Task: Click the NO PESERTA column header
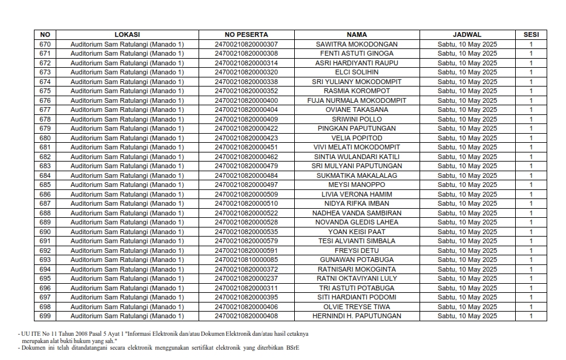pos(246,34)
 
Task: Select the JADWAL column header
pos(467,34)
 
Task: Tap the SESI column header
pos(531,34)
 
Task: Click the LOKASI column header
pos(127,34)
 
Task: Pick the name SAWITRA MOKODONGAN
pos(357,44)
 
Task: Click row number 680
pos(45,138)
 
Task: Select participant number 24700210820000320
pos(246,72)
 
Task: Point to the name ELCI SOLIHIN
pos(357,72)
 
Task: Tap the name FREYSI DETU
pos(357,250)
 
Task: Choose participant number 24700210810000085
pos(246,260)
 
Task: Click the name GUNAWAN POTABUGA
pos(357,260)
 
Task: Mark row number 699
pos(45,316)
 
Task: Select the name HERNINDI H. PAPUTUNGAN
pos(357,316)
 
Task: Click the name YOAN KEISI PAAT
pos(357,232)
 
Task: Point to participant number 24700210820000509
pos(246,194)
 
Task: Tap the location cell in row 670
pos(127,44)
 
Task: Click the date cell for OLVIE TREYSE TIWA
pos(467,307)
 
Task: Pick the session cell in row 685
pos(531,185)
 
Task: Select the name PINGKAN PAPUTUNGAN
pos(357,128)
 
